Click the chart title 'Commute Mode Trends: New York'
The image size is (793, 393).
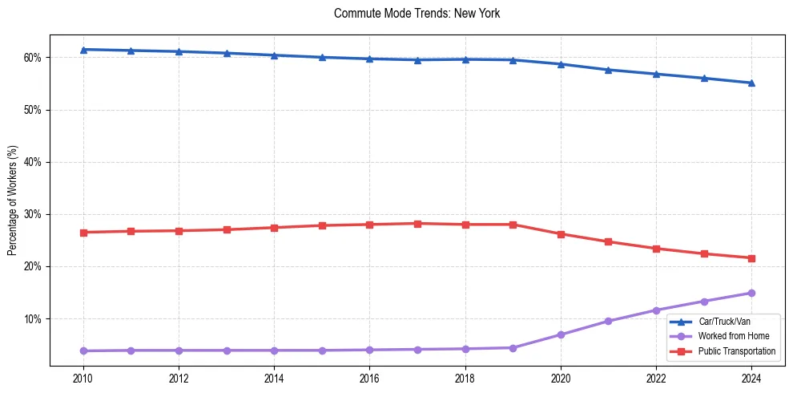(x=417, y=14)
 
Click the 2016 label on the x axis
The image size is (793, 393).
(x=369, y=378)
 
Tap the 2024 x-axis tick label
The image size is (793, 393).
(x=751, y=378)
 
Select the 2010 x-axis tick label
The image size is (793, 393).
(x=83, y=378)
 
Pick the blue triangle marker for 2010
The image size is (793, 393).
(x=83, y=50)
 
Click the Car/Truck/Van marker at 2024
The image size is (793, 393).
(x=751, y=83)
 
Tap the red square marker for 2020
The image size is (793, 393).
(x=561, y=234)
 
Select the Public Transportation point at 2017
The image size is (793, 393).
(x=417, y=224)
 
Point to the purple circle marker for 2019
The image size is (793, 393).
(x=513, y=348)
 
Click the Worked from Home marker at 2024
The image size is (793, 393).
(x=751, y=293)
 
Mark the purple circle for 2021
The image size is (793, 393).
(x=608, y=321)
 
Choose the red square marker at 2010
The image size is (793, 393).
(x=83, y=233)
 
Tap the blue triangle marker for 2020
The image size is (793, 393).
(x=561, y=64)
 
